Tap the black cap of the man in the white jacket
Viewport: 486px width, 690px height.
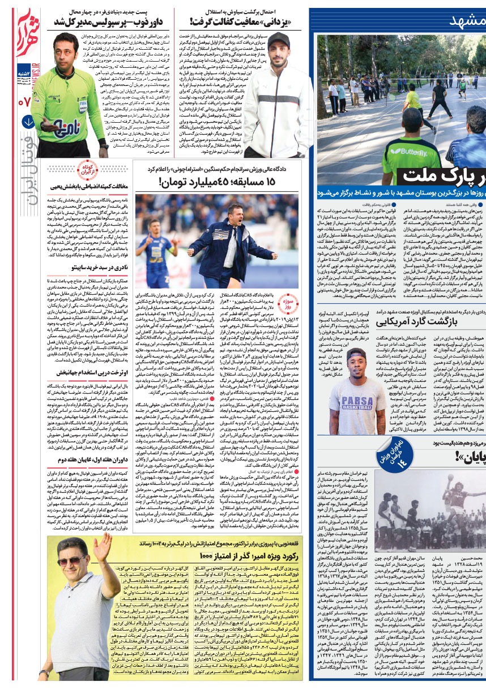click(278, 44)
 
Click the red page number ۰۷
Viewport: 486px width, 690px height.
click(24, 102)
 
